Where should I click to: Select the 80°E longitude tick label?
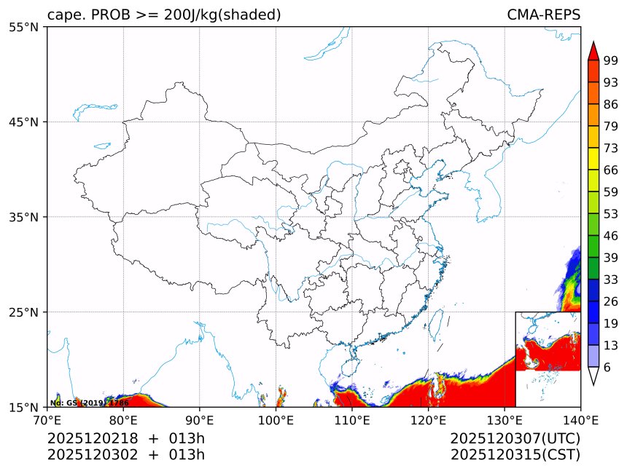coord(123,419)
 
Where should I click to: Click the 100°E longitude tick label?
coord(276,419)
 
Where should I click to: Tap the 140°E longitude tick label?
coord(580,419)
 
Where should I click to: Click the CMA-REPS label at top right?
coord(543,15)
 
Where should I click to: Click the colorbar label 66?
coord(611,170)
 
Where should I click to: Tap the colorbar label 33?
coord(611,280)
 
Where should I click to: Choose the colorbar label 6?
coord(607,368)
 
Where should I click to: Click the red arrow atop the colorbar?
coord(593,51)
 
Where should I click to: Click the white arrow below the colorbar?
coord(593,376)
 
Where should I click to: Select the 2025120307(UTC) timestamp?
coord(515,438)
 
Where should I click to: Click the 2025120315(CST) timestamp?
coord(515,455)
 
